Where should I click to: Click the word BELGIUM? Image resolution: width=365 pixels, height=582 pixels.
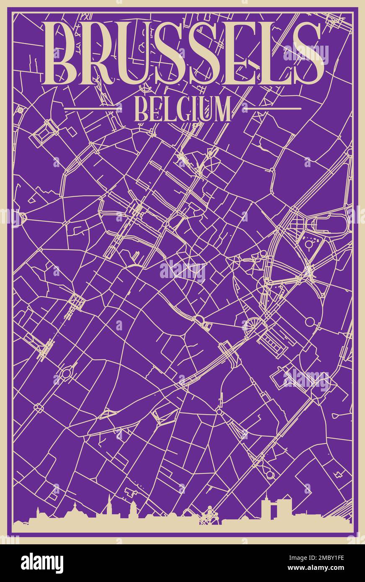click(x=183, y=109)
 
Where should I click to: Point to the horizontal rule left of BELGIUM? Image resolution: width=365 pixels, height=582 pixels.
click(x=93, y=108)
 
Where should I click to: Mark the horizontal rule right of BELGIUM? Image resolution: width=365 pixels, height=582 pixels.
click(x=272, y=108)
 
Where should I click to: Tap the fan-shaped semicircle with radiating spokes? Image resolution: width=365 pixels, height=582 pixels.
click(x=252, y=325)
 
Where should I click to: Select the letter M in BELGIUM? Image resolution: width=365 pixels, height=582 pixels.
click(x=221, y=109)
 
